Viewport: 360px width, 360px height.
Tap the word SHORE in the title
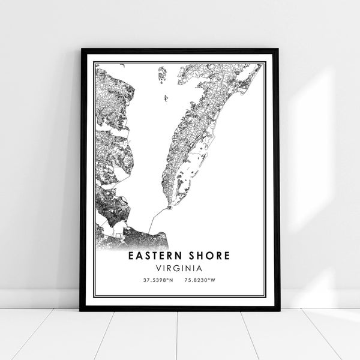(x=207, y=256)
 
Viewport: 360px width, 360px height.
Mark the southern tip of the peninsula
(x=170, y=208)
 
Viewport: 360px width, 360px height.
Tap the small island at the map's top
(x=162, y=74)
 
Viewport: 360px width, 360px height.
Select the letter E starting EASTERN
(x=131, y=256)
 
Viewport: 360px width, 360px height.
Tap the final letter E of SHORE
(x=227, y=256)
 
